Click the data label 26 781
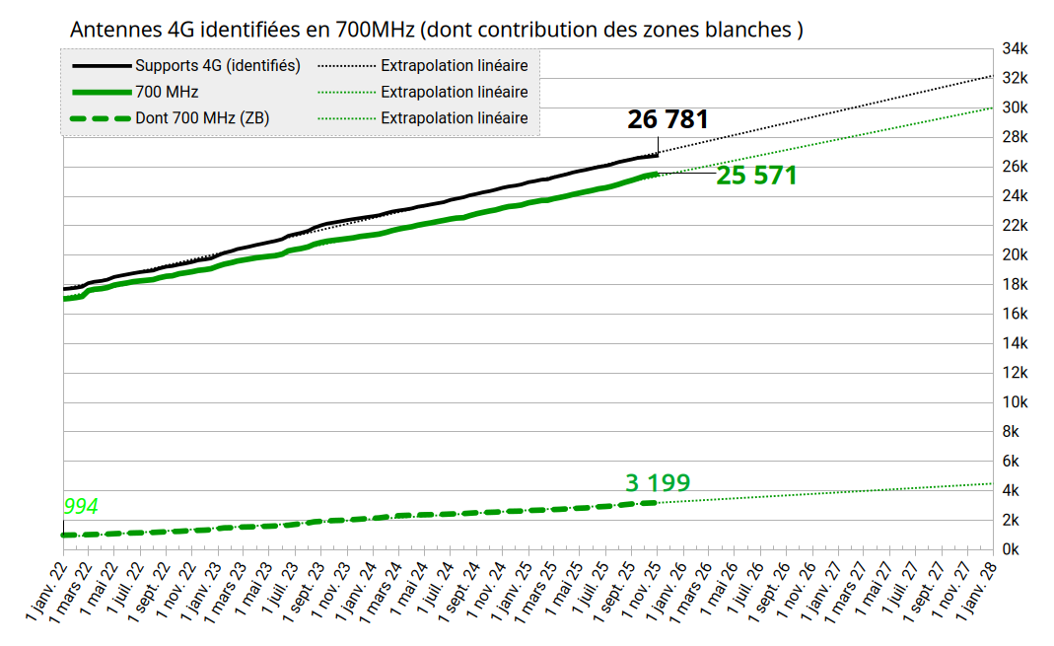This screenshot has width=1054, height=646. click(668, 120)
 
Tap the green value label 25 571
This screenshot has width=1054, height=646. click(756, 176)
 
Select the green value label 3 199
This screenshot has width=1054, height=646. click(658, 483)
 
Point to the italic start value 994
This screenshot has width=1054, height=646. click(81, 507)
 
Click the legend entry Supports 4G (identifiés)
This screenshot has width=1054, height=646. click(218, 66)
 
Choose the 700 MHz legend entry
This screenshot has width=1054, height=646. click(167, 92)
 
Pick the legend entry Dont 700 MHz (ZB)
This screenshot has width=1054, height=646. click(202, 118)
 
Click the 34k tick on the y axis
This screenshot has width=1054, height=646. click(1015, 48)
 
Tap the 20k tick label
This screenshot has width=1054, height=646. click(1015, 254)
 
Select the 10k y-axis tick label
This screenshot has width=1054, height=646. click(1015, 401)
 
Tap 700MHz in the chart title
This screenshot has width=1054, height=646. click(371, 30)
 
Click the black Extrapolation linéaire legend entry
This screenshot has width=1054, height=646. click(454, 66)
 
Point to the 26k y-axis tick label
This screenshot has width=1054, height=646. click(1015, 166)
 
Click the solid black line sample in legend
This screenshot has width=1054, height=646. click(102, 66)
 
